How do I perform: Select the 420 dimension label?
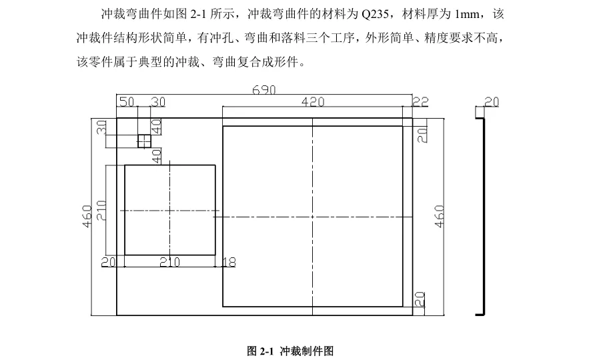(x=313, y=102)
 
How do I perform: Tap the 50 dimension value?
(x=126, y=102)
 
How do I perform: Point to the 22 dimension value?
(x=420, y=102)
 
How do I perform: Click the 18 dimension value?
(x=229, y=262)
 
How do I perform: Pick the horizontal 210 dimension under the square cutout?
(x=170, y=262)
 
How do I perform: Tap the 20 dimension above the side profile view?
(x=491, y=102)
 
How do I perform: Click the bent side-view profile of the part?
(x=482, y=213)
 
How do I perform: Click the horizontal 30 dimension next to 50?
(x=158, y=102)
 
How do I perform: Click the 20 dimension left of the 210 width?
(x=108, y=262)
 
